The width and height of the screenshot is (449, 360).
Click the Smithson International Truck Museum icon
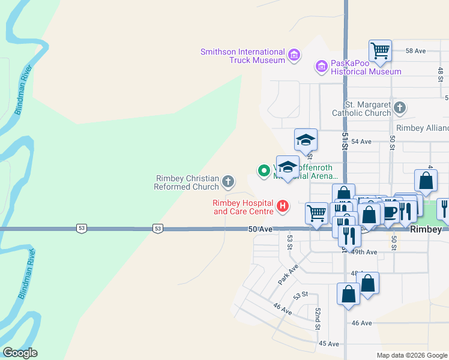point(294,56)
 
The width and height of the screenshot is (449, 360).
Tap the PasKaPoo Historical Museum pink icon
point(322,65)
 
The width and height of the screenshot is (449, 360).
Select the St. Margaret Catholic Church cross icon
point(399,108)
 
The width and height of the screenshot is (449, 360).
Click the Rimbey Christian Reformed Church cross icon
point(228,181)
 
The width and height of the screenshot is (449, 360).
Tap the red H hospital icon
point(282,208)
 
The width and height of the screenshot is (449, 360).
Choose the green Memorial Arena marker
point(263,171)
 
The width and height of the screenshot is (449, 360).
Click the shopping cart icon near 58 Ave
point(381,51)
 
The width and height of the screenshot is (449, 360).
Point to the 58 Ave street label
point(415,52)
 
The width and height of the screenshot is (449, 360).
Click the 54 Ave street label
point(361,142)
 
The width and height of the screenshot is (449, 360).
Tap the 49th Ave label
point(364,253)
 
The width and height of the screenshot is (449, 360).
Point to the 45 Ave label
point(329,344)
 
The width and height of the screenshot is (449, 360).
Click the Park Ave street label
point(288,274)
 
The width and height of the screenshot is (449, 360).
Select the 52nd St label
point(318,319)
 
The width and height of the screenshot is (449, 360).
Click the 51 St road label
point(345,143)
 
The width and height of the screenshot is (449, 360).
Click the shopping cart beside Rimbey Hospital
point(316,213)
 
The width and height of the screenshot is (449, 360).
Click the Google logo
point(20,353)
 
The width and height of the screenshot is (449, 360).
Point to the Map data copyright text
point(411,355)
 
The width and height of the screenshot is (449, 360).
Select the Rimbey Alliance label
point(423,128)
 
